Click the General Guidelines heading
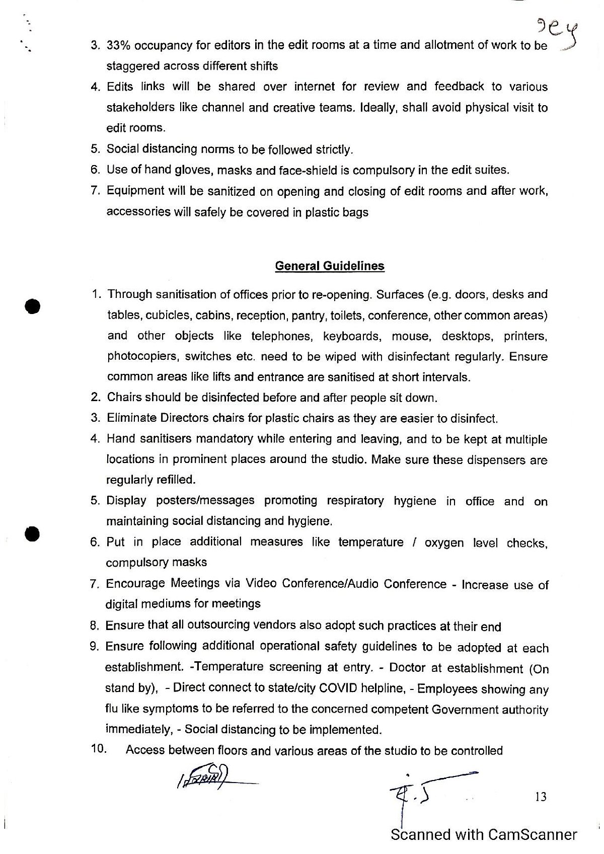[330, 266]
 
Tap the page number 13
[541, 797]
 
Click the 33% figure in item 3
[119, 46]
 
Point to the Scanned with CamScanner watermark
[484, 835]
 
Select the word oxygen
[444, 543]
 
